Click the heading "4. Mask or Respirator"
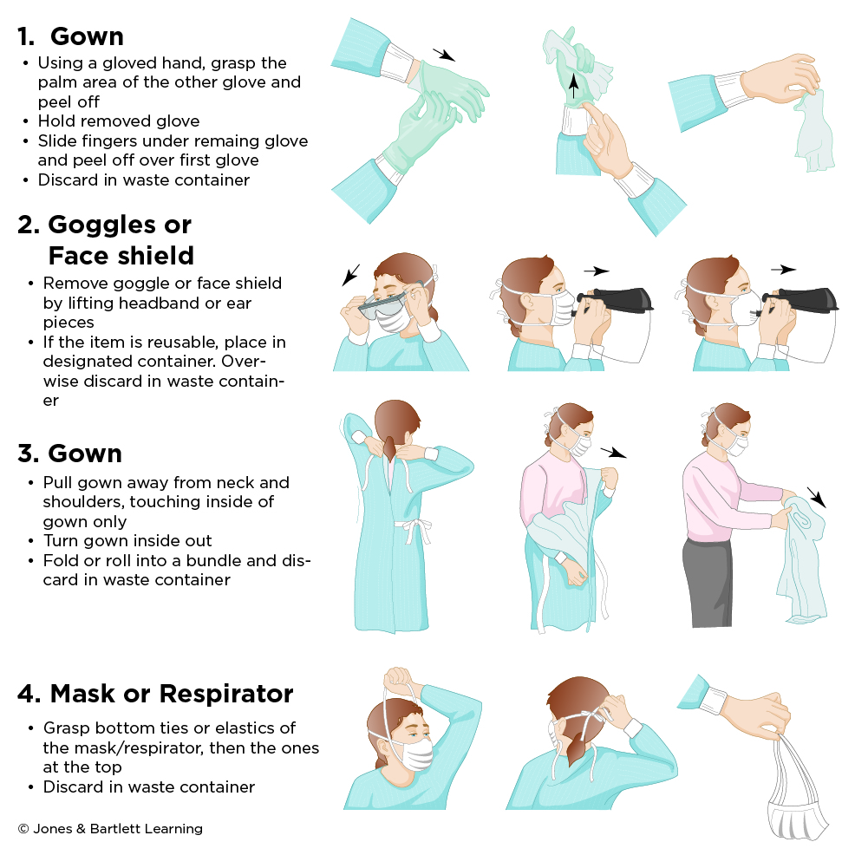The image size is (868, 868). point(155,694)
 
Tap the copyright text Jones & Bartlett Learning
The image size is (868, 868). point(110,829)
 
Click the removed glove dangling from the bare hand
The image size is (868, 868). point(813,130)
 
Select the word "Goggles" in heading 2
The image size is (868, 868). point(107,225)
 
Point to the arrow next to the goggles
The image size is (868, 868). point(350,275)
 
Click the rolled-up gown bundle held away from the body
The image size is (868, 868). point(802,555)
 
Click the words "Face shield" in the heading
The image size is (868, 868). point(121,256)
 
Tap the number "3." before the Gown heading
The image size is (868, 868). point(29,454)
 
